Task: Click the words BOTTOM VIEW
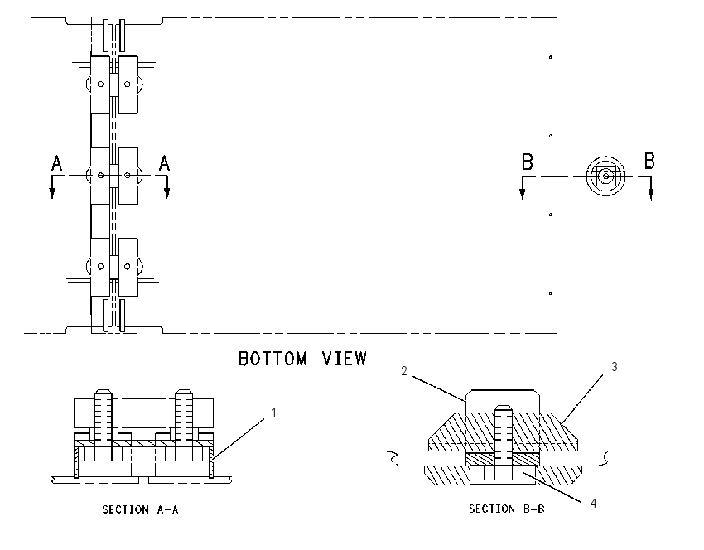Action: click(302, 359)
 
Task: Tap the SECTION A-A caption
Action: click(140, 509)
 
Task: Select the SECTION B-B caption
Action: click(506, 509)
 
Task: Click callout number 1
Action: click(274, 412)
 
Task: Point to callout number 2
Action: click(404, 371)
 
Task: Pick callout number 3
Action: click(615, 367)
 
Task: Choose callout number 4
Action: click(593, 504)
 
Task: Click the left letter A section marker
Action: click(56, 163)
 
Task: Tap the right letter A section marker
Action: click(164, 163)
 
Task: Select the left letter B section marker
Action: click(528, 162)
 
